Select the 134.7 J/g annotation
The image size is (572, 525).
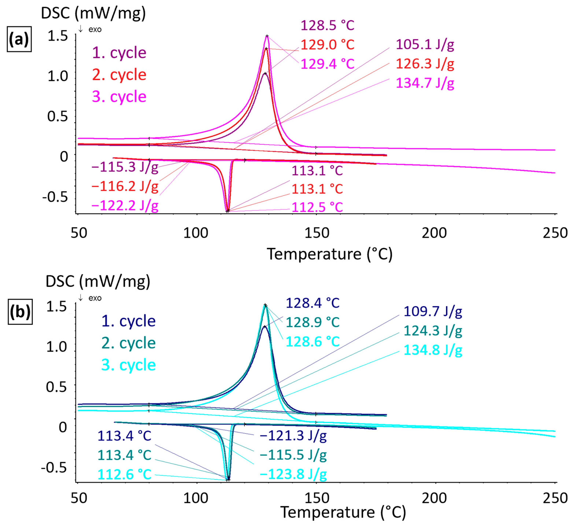(x=425, y=83)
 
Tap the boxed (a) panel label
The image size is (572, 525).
(x=19, y=39)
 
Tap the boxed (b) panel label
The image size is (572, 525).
(x=20, y=312)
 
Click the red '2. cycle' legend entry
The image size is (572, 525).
(x=119, y=75)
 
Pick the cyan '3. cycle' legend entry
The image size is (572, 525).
(x=128, y=365)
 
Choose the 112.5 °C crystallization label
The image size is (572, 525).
(x=317, y=207)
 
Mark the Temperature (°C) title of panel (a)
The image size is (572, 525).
(x=329, y=254)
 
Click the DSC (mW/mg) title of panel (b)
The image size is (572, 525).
(x=98, y=281)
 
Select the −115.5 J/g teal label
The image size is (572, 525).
(x=293, y=455)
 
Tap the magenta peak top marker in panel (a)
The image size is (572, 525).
(x=267, y=36)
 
